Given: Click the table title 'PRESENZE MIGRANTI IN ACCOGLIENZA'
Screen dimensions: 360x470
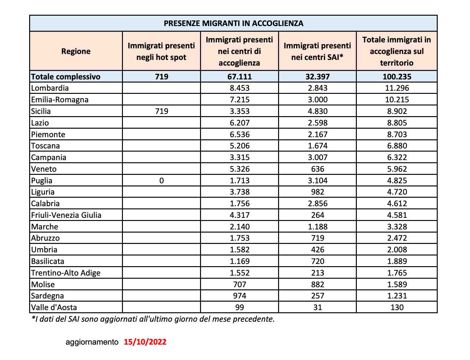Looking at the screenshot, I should pyautogui.click(x=233, y=24).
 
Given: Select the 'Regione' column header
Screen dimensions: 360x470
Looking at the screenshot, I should pyautogui.click(x=76, y=51).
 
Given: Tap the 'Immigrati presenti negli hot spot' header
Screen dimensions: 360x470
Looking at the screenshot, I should pyautogui.click(x=161, y=51).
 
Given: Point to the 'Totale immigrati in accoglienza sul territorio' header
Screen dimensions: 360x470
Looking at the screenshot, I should pyautogui.click(x=397, y=51).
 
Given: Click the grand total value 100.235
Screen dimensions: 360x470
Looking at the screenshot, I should pyautogui.click(x=397, y=77).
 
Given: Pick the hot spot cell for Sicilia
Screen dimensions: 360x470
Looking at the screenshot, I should pyautogui.click(x=161, y=111).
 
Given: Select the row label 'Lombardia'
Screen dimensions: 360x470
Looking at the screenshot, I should pyautogui.click(x=50, y=88).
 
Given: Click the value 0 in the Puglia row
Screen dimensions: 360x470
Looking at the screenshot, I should pyautogui.click(x=161, y=180).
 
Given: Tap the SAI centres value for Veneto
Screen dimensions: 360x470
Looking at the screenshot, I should pyautogui.click(x=317, y=169).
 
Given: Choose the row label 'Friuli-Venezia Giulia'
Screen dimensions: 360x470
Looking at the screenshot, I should pyautogui.click(x=66, y=215).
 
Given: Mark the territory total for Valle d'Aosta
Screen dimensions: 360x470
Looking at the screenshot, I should pyautogui.click(x=397, y=307).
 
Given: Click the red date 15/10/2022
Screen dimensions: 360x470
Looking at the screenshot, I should pyautogui.click(x=145, y=342).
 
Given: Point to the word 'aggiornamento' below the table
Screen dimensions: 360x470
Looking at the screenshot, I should pyautogui.click(x=92, y=342).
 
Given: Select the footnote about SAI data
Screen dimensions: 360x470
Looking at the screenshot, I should pyautogui.click(x=153, y=319).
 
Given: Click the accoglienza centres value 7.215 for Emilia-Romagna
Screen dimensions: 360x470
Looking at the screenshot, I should pyautogui.click(x=240, y=100).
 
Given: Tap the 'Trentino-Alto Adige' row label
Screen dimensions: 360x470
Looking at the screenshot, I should pyautogui.click(x=66, y=273).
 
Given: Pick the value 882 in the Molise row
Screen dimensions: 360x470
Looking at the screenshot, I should pyautogui.click(x=317, y=284).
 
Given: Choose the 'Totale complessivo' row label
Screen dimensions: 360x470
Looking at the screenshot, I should pyautogui.click(x=66, y=77).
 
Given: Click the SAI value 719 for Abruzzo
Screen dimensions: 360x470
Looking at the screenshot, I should pyautogui.click(x=317, y=238).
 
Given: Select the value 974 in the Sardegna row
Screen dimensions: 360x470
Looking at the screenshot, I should pyautogui.click(x=240, y=296).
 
